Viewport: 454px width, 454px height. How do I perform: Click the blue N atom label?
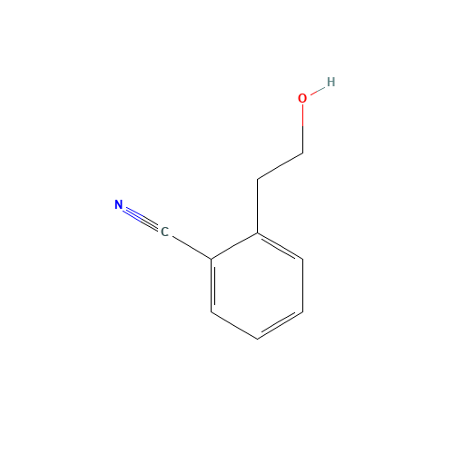(119, 205)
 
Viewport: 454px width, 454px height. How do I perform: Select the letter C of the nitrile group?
(164, 232)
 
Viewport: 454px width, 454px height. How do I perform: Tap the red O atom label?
(302, 98)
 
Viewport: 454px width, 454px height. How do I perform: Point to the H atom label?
(331, 82)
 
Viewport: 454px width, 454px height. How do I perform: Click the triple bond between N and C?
(142, 219)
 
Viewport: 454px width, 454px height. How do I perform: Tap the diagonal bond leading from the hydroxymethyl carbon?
(281, 166)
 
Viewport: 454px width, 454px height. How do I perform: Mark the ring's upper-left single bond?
(235, 247)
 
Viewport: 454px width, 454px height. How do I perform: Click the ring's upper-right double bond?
(281, 247)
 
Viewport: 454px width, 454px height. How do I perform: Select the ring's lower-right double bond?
(281, 326)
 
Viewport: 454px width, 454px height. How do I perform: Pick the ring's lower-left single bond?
(235, 326)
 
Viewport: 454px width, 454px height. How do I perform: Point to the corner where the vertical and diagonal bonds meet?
(302, 153)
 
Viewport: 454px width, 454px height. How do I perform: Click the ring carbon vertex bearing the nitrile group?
(212, 260)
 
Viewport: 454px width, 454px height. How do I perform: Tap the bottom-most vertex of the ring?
(258, 339)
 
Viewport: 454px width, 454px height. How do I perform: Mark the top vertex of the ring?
(258, 234)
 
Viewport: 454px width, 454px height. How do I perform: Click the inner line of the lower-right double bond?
(277, 320)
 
